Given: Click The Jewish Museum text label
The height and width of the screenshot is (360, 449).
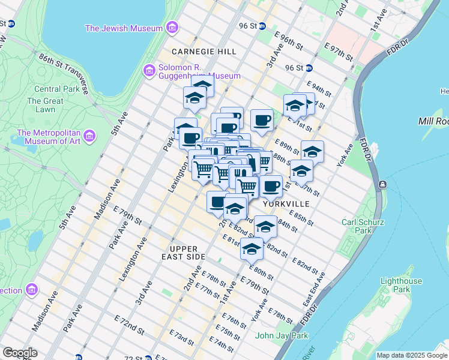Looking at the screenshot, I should point(124,28).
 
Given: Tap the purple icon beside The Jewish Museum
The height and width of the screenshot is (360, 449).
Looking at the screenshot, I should point(172,28).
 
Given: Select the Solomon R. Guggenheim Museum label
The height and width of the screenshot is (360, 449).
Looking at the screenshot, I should point(198,71).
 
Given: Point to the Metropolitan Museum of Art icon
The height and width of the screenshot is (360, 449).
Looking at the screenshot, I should point(89,136).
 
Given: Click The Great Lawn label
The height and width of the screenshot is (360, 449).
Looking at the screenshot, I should point(45,106).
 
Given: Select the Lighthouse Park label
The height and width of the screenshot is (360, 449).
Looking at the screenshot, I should point(402,286).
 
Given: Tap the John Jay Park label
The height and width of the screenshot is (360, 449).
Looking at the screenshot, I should point(282,335).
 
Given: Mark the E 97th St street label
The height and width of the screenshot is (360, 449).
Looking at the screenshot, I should point(338,51).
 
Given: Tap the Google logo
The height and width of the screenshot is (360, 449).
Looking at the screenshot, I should point(20,353).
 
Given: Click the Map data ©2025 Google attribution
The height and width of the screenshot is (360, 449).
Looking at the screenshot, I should point(412,355).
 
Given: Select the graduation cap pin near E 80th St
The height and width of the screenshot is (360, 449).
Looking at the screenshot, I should point(252,248).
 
